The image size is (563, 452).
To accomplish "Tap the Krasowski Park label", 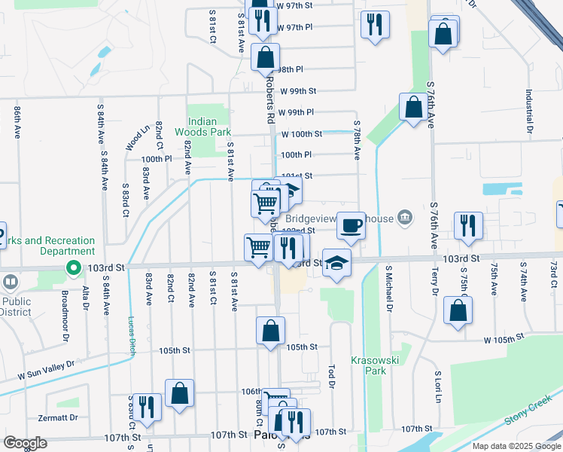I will point(369,365).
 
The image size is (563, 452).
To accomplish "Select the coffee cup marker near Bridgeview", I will point(350,225).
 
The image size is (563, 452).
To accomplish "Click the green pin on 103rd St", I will point(73,267).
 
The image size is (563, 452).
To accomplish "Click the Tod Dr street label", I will point(330,373).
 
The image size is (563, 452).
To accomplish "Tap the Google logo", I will point(25,442).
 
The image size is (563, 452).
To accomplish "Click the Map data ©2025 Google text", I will point(516,446).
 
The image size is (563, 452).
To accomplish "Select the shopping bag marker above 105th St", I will point(270,331).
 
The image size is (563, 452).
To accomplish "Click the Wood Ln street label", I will point(134,138).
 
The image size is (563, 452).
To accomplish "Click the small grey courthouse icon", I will point(405,218).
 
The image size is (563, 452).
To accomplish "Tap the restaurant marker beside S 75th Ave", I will point(467,225).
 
